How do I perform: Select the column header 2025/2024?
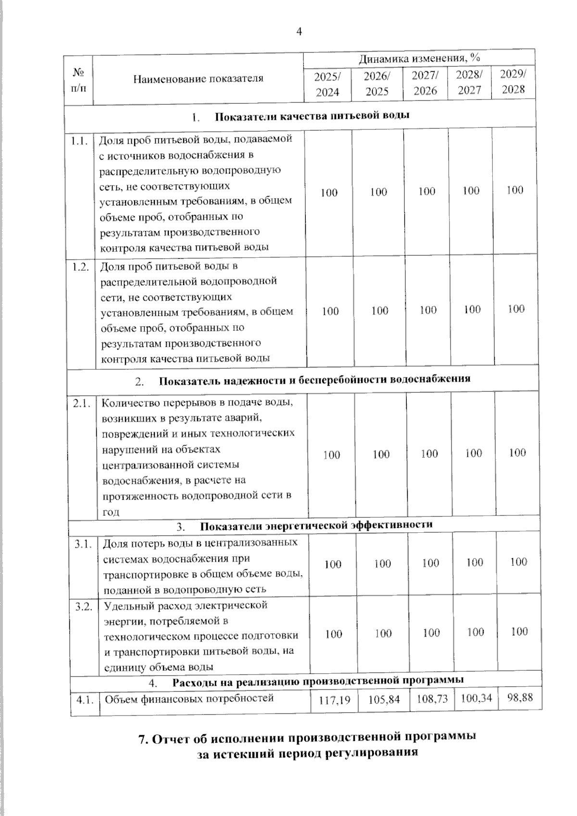click(327, 84)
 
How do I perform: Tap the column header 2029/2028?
click(513, 82)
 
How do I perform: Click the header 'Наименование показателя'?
click(198, 78)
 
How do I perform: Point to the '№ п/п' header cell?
click(78, 80)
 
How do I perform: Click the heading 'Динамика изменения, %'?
click(419, 59)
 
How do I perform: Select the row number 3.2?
click(84, 607)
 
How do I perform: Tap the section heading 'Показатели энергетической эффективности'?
click(316, 525)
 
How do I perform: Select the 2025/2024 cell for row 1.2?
click(330, 311)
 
